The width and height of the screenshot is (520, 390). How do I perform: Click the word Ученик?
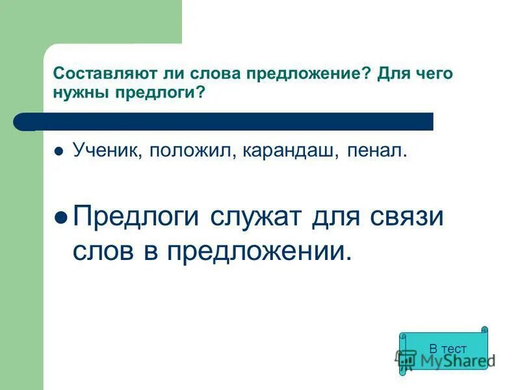108,151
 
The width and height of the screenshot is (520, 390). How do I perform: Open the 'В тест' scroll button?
445,348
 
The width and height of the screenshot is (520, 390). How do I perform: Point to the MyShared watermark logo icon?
406,359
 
